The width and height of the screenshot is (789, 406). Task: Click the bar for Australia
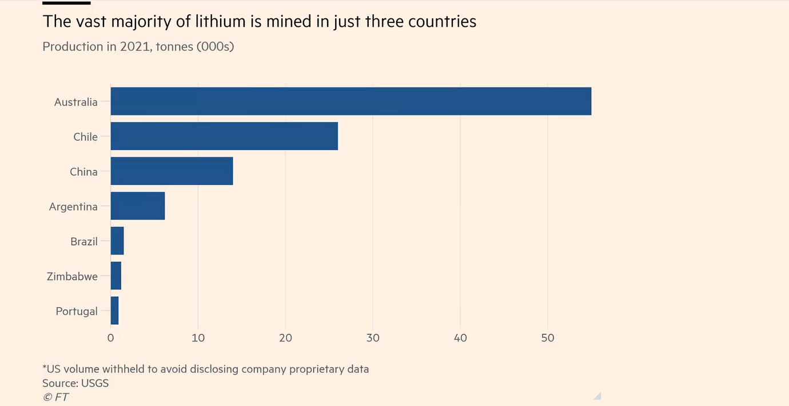pos(350,101)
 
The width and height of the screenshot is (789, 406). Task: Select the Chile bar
pos(224,136)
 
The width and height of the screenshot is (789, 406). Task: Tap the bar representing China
pos(172,172)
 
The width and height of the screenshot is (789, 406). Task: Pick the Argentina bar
pos(138,206)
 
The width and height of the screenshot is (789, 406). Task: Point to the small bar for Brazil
pos(117,241)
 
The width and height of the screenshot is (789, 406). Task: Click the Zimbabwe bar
pos(116,276)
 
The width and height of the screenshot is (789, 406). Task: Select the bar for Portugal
pos(114,311)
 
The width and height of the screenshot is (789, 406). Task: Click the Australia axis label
pos(76,102)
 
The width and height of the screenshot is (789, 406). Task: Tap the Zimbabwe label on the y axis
pos(72,277)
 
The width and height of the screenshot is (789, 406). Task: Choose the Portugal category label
pos(77,312)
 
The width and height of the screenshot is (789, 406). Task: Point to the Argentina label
pos(73,207)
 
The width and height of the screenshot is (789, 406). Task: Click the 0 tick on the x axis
pos(111,338)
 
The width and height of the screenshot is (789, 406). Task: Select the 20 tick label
pos(285,338)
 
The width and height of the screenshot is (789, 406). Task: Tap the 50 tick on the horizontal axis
pos(548,338)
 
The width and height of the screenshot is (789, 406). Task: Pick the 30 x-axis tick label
pos(373,338)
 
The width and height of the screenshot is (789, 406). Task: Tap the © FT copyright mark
pos(56,397)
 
